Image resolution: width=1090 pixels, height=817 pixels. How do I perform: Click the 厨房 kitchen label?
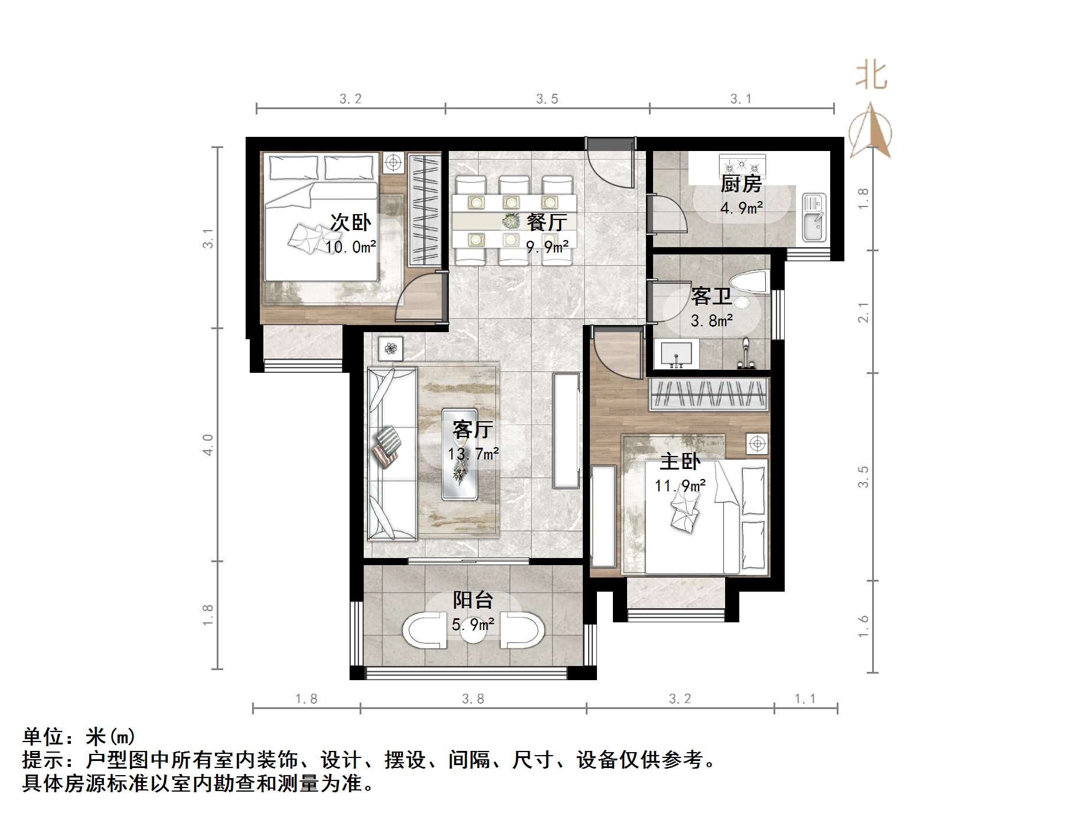coord(741,184)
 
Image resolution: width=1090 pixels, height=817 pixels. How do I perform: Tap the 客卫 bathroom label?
coord(712,296)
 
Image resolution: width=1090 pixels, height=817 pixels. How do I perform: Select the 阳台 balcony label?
coord(473,600)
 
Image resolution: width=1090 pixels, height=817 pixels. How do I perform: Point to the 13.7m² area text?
coord(473,454)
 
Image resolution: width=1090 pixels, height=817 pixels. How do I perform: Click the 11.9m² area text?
coord(680,486)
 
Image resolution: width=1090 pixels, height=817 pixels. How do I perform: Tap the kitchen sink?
coord(814,218)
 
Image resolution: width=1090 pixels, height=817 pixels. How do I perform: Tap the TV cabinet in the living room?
coord(566,431)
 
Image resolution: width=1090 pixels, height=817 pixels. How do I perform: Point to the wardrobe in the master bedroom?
coord(709,394)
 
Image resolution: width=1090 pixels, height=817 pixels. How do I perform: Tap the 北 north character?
coord(872,76)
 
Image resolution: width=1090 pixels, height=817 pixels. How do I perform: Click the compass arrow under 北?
coord(870,133)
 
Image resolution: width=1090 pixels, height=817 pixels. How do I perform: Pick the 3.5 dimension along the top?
coord(547,99)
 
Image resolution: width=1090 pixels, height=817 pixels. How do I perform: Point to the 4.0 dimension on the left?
coord(208,444)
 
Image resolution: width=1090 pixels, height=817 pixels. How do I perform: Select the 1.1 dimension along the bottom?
coord(805,699)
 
